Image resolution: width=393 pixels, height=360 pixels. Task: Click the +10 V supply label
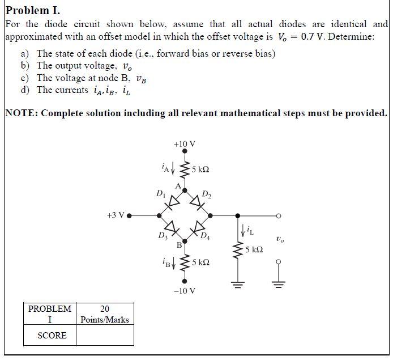(185, 144)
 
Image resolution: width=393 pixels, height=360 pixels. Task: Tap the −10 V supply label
(185, 291)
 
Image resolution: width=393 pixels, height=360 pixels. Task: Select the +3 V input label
(115, 215)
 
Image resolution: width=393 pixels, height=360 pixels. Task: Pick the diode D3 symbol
(172, 228)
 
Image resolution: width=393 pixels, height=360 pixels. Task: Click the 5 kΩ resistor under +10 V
(185, 170)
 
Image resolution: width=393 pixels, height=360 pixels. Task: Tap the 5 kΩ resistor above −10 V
(185, 262)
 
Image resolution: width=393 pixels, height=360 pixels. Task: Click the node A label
(178, 185)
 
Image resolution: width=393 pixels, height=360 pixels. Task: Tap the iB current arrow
(174, 262)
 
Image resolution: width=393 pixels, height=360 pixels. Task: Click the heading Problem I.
(32, 10)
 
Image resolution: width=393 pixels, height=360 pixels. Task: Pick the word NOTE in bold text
(20, 113)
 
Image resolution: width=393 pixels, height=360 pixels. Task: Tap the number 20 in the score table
(105, 309)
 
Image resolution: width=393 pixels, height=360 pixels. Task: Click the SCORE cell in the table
(52, 336)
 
